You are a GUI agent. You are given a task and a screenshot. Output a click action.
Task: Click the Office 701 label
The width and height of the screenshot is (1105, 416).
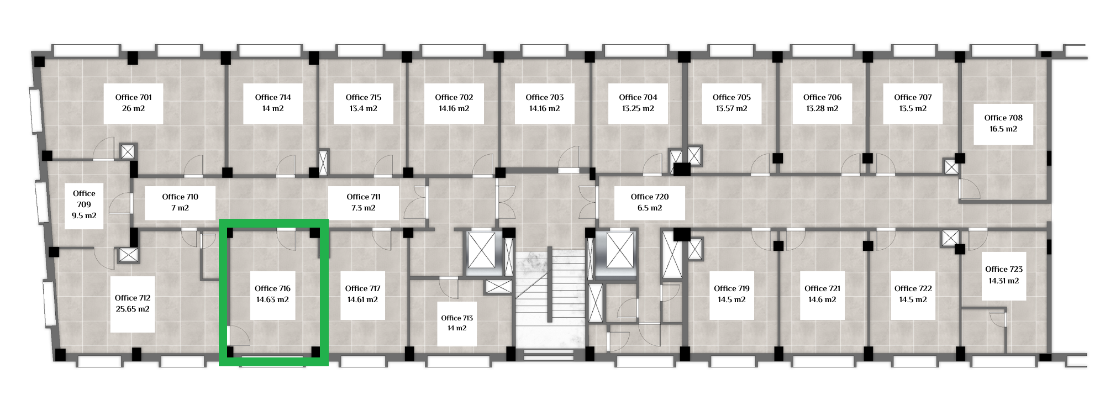tap(133, 97)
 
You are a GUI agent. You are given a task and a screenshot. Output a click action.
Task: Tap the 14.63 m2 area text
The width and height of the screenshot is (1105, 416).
tap(272, 300)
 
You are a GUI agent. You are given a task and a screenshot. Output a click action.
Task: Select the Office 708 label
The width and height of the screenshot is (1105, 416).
tap(1003, 118)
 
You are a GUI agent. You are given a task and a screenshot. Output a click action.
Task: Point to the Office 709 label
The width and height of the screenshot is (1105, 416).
tap(84, 199)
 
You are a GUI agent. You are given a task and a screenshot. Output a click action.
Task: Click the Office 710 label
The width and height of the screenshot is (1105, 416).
tap(180, 197)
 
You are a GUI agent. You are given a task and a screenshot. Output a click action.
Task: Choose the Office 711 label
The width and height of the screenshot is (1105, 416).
tap(364, 197)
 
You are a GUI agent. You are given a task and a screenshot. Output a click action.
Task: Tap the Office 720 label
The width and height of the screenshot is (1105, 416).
tap(650, 197)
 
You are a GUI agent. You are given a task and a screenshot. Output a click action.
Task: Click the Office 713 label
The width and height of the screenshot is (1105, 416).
tap(457, 318)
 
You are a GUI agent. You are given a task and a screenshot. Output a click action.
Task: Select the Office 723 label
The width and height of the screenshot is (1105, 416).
tap(1004, 269)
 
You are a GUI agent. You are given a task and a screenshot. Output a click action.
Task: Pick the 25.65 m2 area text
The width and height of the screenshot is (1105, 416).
tap(133, 309)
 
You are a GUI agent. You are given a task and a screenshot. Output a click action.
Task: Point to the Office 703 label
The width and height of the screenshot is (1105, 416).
tap(545, 97)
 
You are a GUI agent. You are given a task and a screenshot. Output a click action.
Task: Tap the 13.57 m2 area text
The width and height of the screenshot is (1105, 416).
tap(732, 109)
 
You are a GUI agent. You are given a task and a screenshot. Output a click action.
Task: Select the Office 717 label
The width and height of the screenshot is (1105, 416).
tap(363, 288)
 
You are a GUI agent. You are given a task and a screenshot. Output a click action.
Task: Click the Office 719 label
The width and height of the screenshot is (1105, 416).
tap(732, 288)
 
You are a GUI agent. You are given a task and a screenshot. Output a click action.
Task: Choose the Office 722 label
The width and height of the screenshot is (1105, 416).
tap(913, 288)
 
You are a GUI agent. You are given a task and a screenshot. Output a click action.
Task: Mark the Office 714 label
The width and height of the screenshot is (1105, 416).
tap(273, 97)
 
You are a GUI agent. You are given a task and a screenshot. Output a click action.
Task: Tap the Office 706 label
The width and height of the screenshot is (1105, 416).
tap(822, 97)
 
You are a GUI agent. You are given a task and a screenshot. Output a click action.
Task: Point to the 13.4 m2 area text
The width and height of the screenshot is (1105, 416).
tap(364, 109)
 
